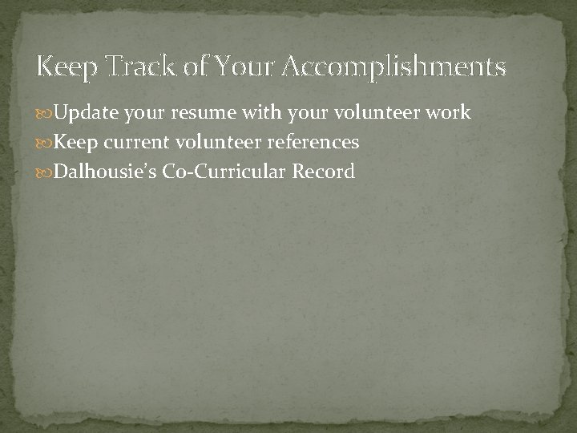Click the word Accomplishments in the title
point(394,66)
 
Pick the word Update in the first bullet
point(88,113)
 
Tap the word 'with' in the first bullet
point(258,113)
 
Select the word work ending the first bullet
point(448,113)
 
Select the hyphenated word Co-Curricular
point(224,172)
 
